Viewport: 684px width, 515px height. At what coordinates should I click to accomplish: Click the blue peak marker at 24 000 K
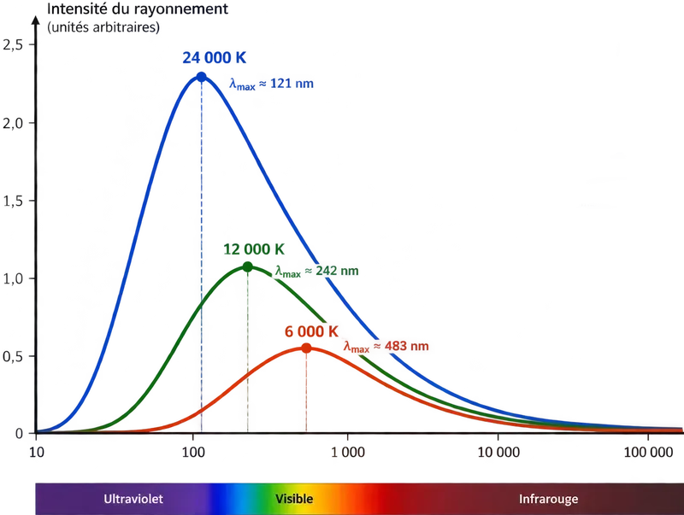201,77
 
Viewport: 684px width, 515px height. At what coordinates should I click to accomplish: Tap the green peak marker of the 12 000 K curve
247,266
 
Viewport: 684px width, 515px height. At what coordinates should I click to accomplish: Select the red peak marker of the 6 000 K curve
306,348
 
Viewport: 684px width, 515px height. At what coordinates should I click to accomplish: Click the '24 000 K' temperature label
215,57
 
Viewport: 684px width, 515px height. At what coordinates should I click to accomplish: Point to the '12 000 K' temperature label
254,249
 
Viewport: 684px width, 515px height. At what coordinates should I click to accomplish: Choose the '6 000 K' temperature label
311,331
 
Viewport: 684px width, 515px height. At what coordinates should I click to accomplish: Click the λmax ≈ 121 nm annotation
271,84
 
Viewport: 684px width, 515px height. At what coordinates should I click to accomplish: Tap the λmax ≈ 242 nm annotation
316,271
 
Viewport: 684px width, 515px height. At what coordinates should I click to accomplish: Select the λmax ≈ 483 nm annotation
386,347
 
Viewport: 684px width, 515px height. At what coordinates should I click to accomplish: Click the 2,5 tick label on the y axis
13,44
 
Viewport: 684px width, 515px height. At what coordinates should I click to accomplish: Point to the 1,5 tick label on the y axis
13,201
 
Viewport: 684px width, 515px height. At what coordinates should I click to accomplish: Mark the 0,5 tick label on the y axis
13,356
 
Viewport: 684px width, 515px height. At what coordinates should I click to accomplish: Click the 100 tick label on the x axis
193,453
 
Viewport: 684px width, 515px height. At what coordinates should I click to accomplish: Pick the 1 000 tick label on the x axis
348,453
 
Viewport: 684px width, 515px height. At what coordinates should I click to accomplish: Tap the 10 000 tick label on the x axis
498,453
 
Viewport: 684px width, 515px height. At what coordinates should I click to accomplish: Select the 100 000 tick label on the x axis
649,453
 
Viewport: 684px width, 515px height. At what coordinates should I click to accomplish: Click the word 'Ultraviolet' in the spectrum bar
133,499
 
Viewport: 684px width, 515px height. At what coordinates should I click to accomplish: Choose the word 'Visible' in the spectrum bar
294,499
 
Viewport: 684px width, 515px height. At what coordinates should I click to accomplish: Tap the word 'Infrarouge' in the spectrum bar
548,500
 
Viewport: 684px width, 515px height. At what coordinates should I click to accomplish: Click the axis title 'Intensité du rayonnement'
138,9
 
